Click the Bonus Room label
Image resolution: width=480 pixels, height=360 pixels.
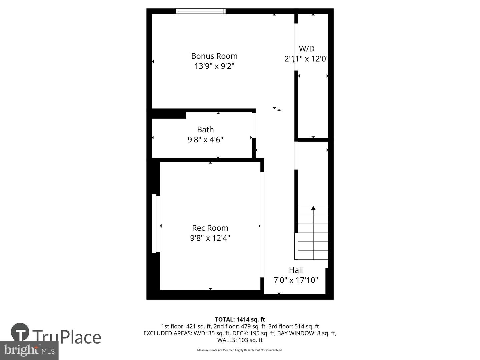coord(214,56)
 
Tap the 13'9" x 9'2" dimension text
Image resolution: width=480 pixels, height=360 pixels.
coord(214,66)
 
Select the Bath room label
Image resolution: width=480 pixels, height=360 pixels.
coord(205,129)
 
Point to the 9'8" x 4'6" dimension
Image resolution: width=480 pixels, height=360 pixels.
coord(205,139)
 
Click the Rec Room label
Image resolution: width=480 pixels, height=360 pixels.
coord(210,228)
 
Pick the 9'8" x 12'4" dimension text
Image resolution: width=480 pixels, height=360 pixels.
coord(210,238)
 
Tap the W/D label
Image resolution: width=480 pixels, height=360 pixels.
coord(307,49)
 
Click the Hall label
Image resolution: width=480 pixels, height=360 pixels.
coord(296,270)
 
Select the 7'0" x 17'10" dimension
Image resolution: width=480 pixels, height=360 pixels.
coord(296,280)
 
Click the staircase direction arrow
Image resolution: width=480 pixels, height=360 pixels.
coord(313,208)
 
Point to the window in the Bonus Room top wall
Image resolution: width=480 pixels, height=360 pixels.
coord(201,11)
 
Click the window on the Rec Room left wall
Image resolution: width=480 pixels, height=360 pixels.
coord(154,223)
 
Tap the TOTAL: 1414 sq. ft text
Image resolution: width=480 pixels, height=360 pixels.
coord(240,320)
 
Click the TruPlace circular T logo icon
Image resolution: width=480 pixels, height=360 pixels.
coord(20,332)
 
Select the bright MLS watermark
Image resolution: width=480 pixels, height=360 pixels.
coord(29,350)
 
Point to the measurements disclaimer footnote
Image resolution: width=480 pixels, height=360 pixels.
coord(240,350)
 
